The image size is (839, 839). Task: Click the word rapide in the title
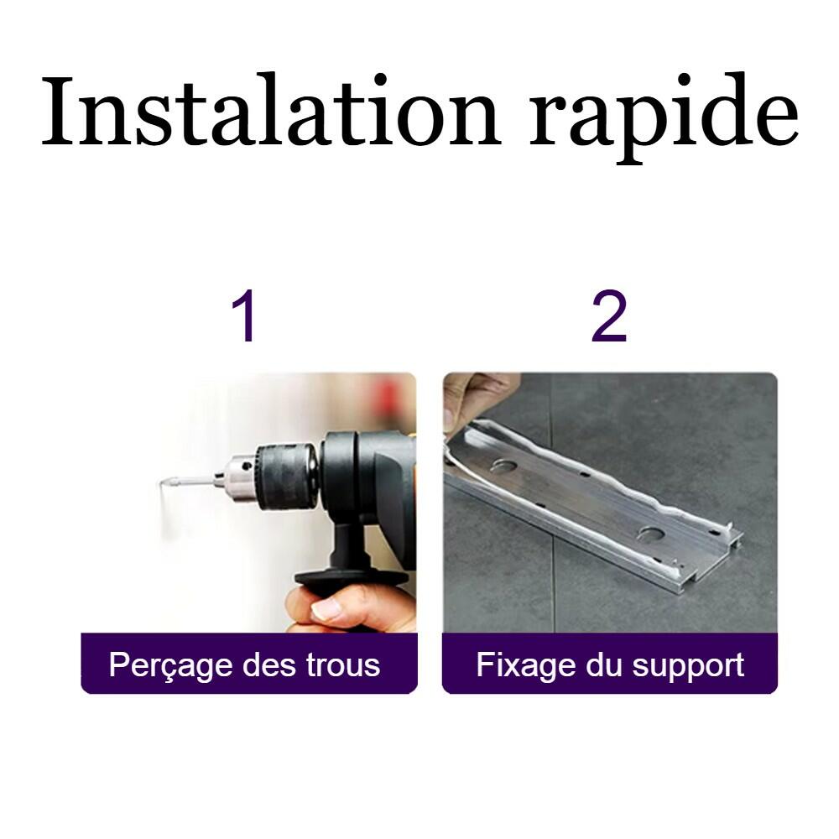click(x=664, y=117)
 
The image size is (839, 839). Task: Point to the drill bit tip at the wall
click(x=163, y=483)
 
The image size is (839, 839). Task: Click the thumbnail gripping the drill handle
click(x=326, y=608)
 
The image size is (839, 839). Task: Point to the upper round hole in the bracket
click(x=503, y=466)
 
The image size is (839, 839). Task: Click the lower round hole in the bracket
click(x=651, y=534)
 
